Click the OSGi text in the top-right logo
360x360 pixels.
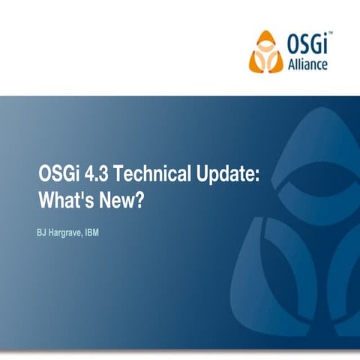[306, 46]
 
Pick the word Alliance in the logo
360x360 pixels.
[307, 65]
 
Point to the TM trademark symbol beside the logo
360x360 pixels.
[330, 34]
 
